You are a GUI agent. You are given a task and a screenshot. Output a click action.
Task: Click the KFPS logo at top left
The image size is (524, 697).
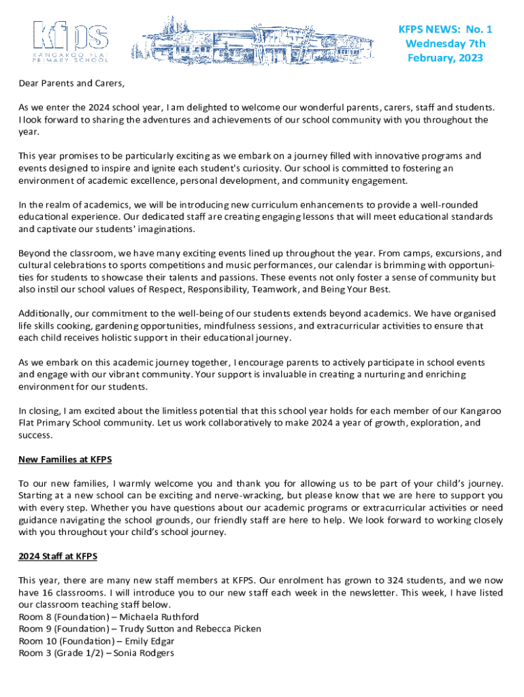pos(71,42)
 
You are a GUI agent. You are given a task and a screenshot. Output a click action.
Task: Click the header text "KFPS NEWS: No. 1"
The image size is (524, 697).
pos(445,29)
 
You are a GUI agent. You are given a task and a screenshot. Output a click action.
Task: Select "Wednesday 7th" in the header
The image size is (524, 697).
pos(445,44)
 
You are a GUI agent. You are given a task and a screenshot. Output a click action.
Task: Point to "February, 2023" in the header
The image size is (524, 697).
pos(445,58)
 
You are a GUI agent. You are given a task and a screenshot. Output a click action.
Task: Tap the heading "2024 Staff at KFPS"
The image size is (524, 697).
pos(58,557)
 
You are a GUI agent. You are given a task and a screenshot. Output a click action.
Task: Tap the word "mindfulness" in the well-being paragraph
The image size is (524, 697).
pos(230,325)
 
